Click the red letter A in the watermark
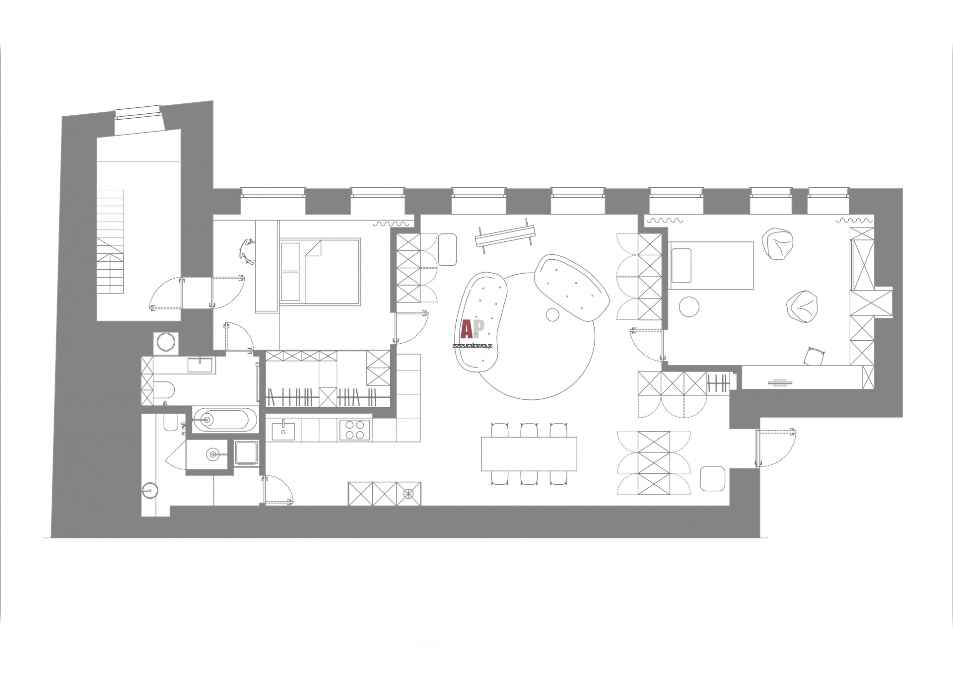[x=467, y=329]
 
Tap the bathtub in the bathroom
[x=225, y=420]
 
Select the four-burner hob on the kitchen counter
[x=354, y=430]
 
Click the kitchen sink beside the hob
[x=283, y=430]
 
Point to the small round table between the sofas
[x=552, y=314]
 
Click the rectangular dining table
[x=529, y=453]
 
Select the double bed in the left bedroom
[x=320, y=271]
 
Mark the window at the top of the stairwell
[x=138, y=112]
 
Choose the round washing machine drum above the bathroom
[x=166, y=342]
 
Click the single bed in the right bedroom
[x=711, y=265]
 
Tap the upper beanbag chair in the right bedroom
[x=777, y=244]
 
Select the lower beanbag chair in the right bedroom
[x=802, y=306]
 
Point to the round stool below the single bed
[x=689, y=306]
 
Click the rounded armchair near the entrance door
[x=713, y=478]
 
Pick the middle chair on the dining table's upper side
[x=529, y=430]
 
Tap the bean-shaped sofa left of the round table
[x=481, y=322]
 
